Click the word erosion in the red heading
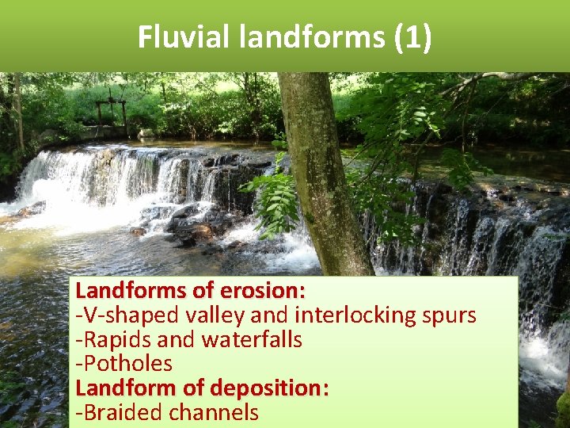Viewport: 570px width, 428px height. [265, 291]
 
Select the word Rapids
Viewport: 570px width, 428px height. [118, 339]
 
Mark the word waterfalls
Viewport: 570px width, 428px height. [253, 339]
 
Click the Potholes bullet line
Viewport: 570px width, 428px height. [124, 364]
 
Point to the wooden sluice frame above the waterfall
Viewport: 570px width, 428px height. [111, 116]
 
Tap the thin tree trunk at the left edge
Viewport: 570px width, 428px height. [18, 111]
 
